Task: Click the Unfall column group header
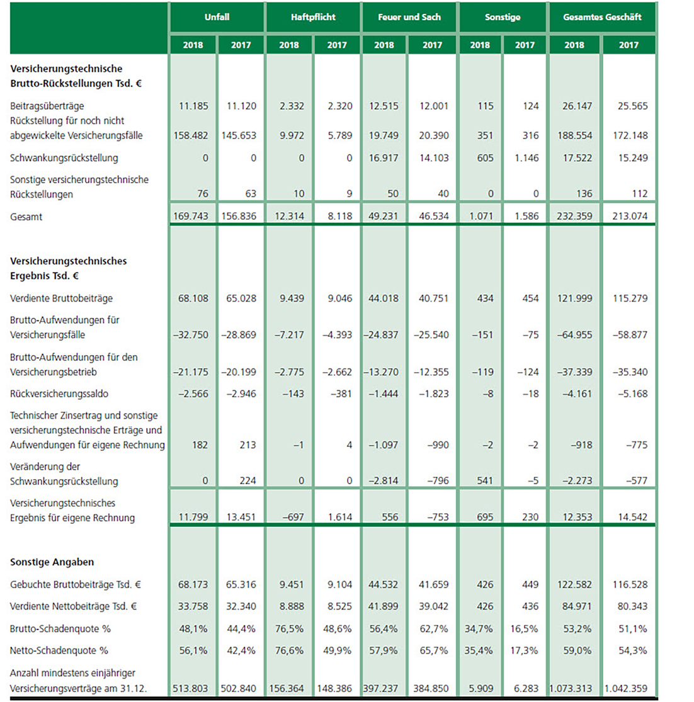click(x=217, y=17)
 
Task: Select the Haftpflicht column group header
click(x=313, y=17)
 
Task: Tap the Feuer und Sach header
click(x=409, y=17)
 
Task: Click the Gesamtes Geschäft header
click(x=602, y=17)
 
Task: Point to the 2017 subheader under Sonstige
click(x=525, y=45)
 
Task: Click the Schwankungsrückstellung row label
click(x=64, y=158)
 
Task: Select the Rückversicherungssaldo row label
click(x=59, y=393)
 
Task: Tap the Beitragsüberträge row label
click(x=47, y=106)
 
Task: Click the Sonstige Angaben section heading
click(x=52, y=562)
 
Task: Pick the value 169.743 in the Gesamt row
click(x=193, y=217)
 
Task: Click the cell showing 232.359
click(x=574, y=217)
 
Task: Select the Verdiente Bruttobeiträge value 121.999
click(x=574, y=298)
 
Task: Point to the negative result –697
click(x=292, y=517)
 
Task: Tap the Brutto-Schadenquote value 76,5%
click(x=292, y=628)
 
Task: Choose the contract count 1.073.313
click(x=574, y=689)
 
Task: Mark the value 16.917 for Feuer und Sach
click(x=384, y=158)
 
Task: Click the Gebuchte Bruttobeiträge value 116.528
click(x=629, y=584)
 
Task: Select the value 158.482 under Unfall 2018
click(x=193, y=135)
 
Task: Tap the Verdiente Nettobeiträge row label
click(x=73, y=606)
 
